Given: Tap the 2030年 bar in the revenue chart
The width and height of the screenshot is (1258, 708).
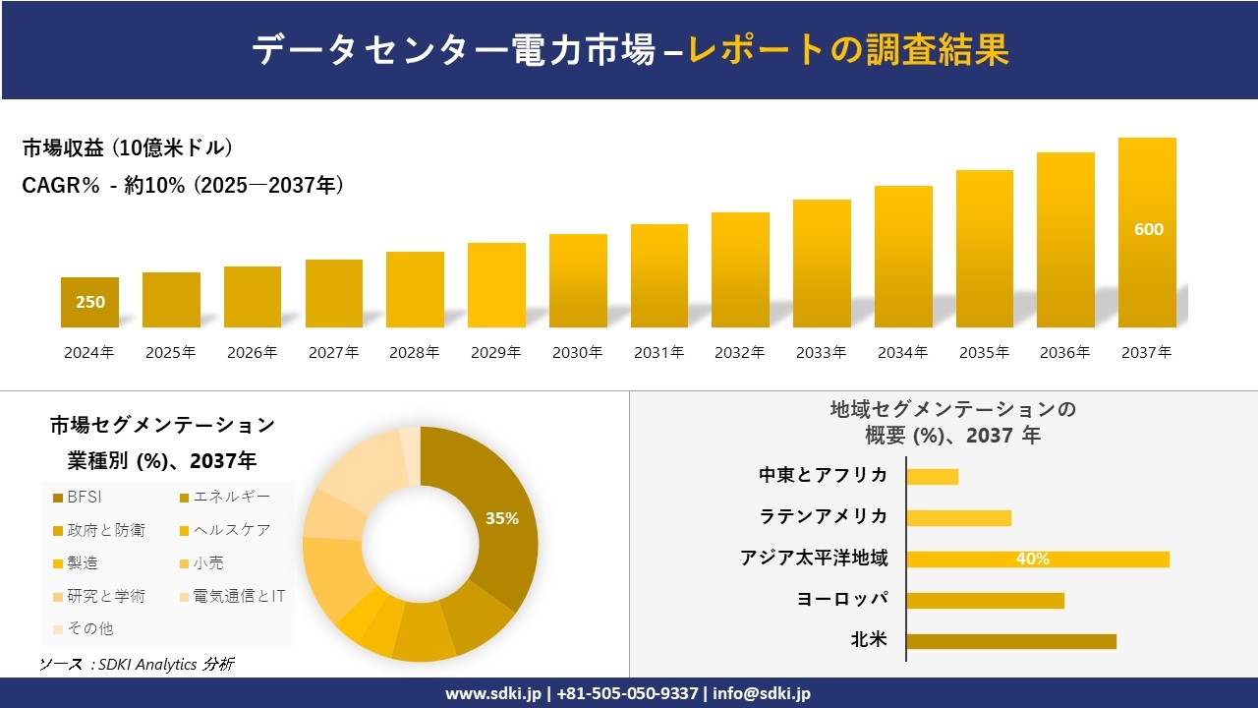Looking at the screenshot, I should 578,281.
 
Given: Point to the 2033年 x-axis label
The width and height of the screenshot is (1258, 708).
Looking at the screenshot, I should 821,352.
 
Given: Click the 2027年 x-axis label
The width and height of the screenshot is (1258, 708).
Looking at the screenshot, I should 333,352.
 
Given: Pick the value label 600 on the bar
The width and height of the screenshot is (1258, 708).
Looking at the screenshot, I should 1148,229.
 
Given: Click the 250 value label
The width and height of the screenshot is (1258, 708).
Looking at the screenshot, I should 90,303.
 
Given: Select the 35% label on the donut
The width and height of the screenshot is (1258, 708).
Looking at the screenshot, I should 501,518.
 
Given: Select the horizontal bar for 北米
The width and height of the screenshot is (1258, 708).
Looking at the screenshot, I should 1010,641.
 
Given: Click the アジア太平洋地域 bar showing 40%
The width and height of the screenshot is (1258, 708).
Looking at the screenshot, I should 1037,559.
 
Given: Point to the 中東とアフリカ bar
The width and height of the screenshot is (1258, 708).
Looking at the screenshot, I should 932,476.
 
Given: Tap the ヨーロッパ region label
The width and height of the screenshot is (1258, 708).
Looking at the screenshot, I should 842,599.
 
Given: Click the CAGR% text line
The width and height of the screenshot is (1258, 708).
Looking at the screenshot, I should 183,185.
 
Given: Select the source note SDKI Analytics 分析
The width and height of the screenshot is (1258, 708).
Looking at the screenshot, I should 137,664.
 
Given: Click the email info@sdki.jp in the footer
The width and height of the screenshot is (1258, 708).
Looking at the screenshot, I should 762,693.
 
